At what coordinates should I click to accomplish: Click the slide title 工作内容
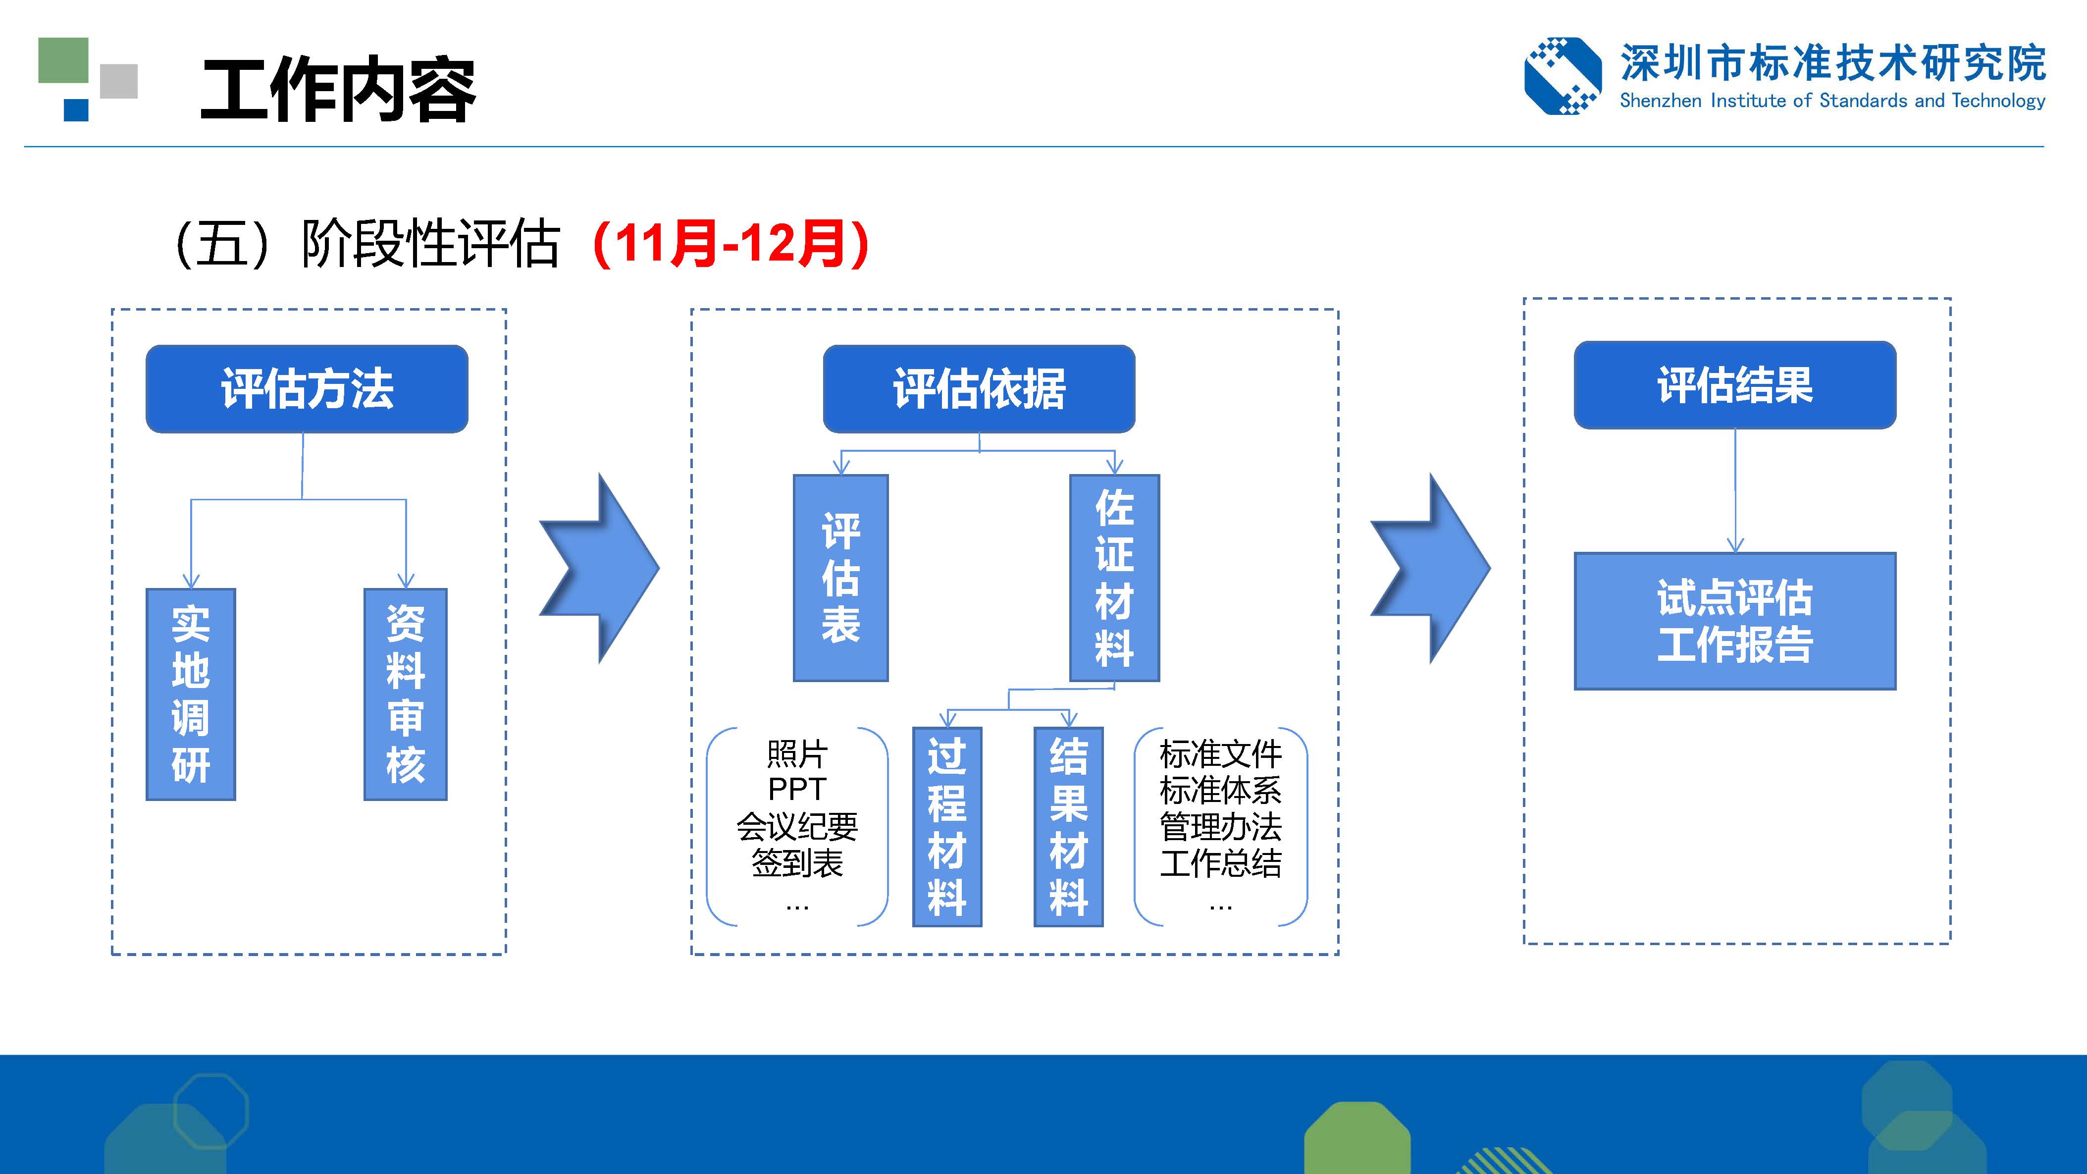(x=338, y=90)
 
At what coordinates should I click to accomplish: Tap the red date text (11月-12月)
(x=731, y=243)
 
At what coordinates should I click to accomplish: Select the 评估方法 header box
(x=307, y=389)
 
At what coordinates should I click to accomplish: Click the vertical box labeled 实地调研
(x=190, y=694)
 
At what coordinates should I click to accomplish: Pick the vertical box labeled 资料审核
(x=405, y=694)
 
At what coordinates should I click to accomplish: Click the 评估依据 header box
(x=979, y=389)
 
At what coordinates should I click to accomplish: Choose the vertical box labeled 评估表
(x=841, y=578)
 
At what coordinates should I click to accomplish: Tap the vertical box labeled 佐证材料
(x=1115, y=578)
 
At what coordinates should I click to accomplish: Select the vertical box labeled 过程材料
(x=947, y=826)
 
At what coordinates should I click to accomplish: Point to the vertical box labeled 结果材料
(x=1069, y=826)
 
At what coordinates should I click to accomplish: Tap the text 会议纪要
(x=797, y=826)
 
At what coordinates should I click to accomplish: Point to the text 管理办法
(x=1221, y=826)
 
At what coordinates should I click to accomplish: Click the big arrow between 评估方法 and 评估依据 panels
(x=600, y=569)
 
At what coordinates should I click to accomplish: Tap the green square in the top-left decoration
(x=63, y=60)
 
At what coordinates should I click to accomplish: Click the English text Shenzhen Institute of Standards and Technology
(x=1832, y=101)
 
